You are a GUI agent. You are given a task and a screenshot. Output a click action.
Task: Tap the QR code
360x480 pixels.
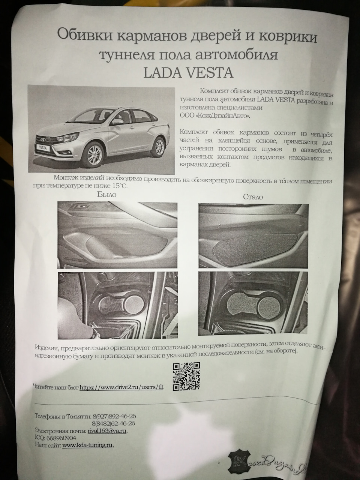pos(186,376)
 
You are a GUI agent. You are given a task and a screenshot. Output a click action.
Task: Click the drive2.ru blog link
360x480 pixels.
pos(122,387)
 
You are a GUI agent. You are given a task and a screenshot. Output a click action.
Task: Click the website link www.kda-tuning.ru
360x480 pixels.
pos(87,445)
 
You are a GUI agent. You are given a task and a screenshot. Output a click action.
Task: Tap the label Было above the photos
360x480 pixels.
pos(106,194)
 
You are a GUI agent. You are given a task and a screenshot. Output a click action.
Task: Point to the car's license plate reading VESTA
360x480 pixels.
pos(42,148)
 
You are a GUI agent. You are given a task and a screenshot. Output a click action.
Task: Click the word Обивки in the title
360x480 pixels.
pos(84,37)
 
